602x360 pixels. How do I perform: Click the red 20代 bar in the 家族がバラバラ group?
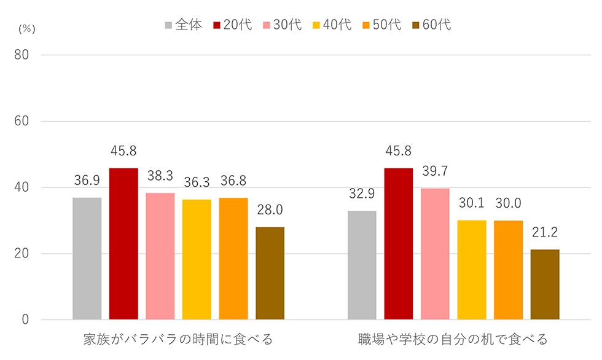(x=123, y=244)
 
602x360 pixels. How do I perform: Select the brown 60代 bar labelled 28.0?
(x=270, y=273)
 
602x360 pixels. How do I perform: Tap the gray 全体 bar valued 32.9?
(x=362, y=265)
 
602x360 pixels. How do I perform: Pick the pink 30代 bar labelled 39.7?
(x=435, y=254)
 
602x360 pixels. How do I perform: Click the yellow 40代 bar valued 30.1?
(x=472, y=270)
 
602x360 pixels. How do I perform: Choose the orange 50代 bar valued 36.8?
(x=233, y=259)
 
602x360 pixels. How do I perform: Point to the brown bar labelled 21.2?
(x=545, y=284)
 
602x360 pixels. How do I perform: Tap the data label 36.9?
(x=87, y=181)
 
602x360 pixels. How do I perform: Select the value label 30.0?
(x=508, y=204)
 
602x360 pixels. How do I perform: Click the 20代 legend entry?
(x=233, y=25)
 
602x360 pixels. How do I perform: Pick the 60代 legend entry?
(x=432, y=25)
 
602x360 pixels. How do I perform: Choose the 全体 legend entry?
(x=183, y=25)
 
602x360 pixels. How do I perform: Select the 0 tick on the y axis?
(x=26, y=320)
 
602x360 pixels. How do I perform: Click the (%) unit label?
(x=28, y=29)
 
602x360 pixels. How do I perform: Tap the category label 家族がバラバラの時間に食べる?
(x=178, y=339)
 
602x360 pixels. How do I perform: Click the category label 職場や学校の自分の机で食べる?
(x=453, y=339)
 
